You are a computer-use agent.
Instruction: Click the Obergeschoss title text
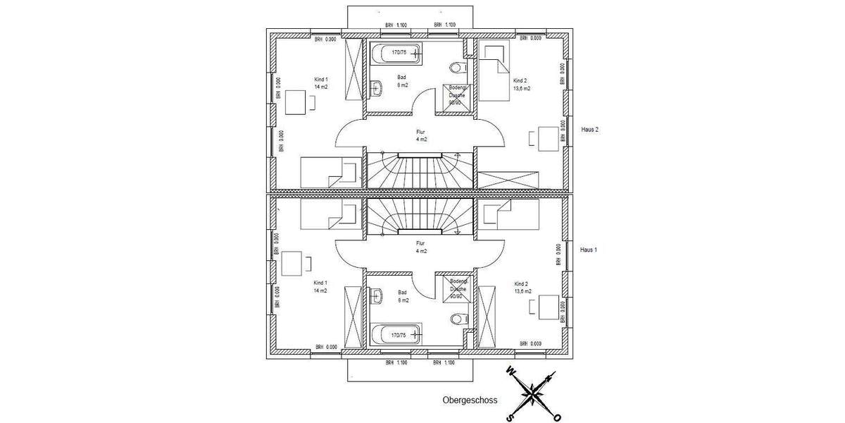(x=470, y=400)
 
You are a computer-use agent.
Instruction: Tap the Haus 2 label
(x=589, y=130)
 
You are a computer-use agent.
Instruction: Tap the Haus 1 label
(x=588, y=250)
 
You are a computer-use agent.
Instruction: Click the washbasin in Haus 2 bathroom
(x=377, y=88)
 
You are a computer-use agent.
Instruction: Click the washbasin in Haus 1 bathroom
(x=377, y=295)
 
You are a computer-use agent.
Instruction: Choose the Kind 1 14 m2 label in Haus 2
(x=321, y=83)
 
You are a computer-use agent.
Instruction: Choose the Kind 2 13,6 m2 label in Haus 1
(x=522, y=287)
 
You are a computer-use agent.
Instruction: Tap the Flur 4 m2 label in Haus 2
(x=421, y=135)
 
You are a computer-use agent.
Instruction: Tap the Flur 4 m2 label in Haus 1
(x=421, y=247)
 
